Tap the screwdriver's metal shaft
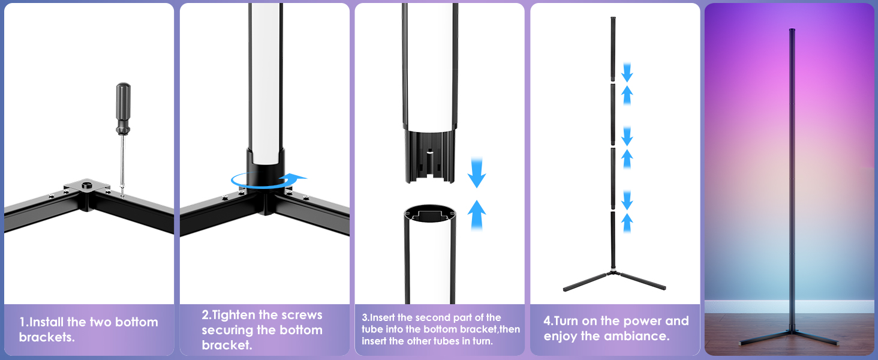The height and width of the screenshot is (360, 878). click(122, 162)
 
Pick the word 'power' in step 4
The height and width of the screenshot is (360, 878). click(631, 321)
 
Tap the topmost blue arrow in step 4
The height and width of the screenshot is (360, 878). click(627, 72)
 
